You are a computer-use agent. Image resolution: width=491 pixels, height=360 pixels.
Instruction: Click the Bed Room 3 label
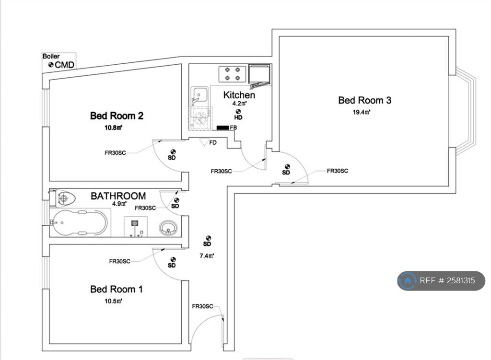pos(364,100)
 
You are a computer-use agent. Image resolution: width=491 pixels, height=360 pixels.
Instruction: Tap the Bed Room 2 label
pos(117,116)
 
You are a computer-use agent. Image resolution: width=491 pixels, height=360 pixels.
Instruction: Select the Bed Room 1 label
pos(117,289)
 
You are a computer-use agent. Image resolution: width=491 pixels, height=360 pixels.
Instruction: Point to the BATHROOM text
pos(118,196)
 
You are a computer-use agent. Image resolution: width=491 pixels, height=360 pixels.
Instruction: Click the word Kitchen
pos(239,95)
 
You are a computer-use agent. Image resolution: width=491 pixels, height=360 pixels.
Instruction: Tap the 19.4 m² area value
pos(362,113)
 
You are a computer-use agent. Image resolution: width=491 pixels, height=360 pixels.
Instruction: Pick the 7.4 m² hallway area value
pos(207,255)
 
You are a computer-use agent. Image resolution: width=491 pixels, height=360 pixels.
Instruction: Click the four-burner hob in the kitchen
pos(233,73)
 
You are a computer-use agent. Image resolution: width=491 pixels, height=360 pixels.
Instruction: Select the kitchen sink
pos(199,96)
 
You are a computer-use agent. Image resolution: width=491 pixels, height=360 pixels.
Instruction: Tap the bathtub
pos(79,223)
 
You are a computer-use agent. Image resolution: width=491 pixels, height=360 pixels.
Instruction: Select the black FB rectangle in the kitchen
pos(222,128)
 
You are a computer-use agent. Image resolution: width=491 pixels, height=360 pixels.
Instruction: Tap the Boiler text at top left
pos(51,57)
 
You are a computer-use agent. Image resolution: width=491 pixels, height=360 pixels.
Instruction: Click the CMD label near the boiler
pos(65,65)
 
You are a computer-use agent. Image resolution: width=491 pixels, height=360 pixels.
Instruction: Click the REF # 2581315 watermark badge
pos(441,280)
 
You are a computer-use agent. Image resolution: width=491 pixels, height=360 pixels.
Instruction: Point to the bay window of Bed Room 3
pos(466,111)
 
